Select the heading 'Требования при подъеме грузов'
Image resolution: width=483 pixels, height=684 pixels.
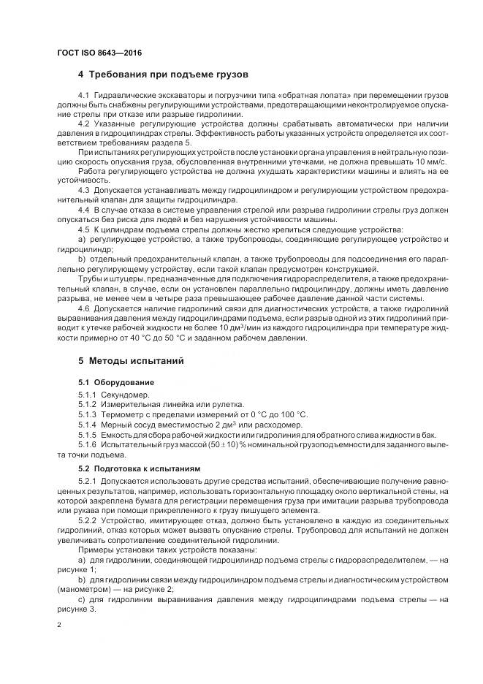point(169,75)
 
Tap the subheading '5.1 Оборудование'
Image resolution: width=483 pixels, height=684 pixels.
point(115,382)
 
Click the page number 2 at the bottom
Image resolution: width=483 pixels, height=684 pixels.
point(58,626)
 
